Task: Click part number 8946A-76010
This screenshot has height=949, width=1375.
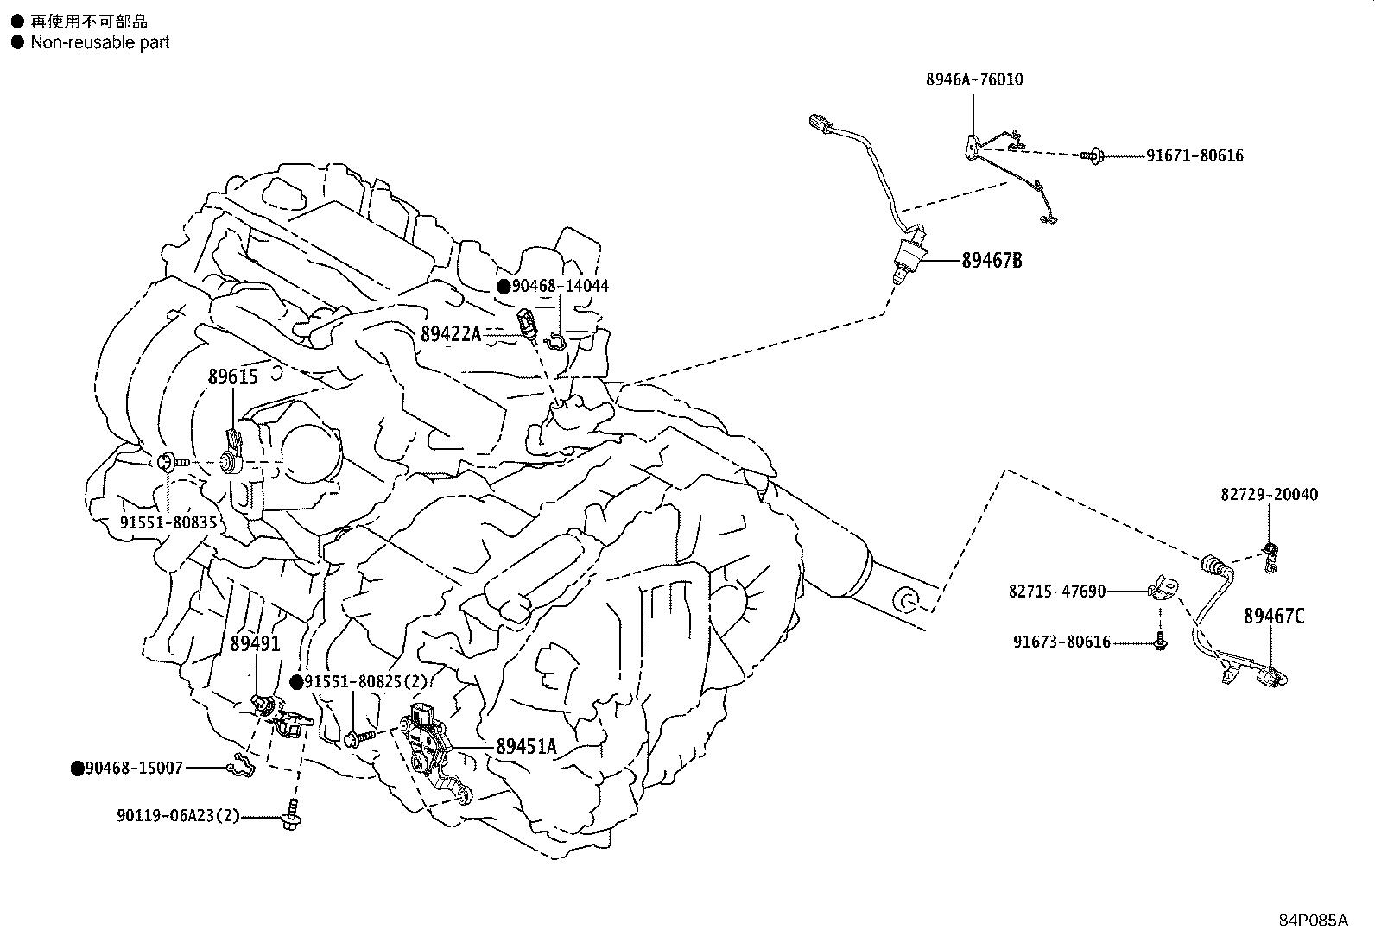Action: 973,79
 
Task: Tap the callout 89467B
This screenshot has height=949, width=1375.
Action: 992,260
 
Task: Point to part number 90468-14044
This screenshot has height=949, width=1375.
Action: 560,286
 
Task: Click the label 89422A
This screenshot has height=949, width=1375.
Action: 450,333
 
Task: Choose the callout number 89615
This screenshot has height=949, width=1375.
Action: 232,376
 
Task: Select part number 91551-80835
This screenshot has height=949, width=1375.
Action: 168,522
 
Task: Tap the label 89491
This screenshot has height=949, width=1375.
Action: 255,643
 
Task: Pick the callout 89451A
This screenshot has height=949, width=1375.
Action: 526,747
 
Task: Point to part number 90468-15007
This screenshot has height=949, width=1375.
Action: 134,768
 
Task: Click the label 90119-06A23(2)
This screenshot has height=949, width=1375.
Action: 177,815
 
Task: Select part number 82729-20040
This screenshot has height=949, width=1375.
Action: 1269,495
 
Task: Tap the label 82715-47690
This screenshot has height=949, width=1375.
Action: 1056,592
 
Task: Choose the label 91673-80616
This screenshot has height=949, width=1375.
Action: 1061,642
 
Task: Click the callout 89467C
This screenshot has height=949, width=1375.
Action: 1274,616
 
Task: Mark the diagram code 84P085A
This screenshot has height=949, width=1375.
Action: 1313,920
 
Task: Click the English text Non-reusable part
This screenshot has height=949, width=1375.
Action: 100,42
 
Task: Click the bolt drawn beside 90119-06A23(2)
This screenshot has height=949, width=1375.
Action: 292,816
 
